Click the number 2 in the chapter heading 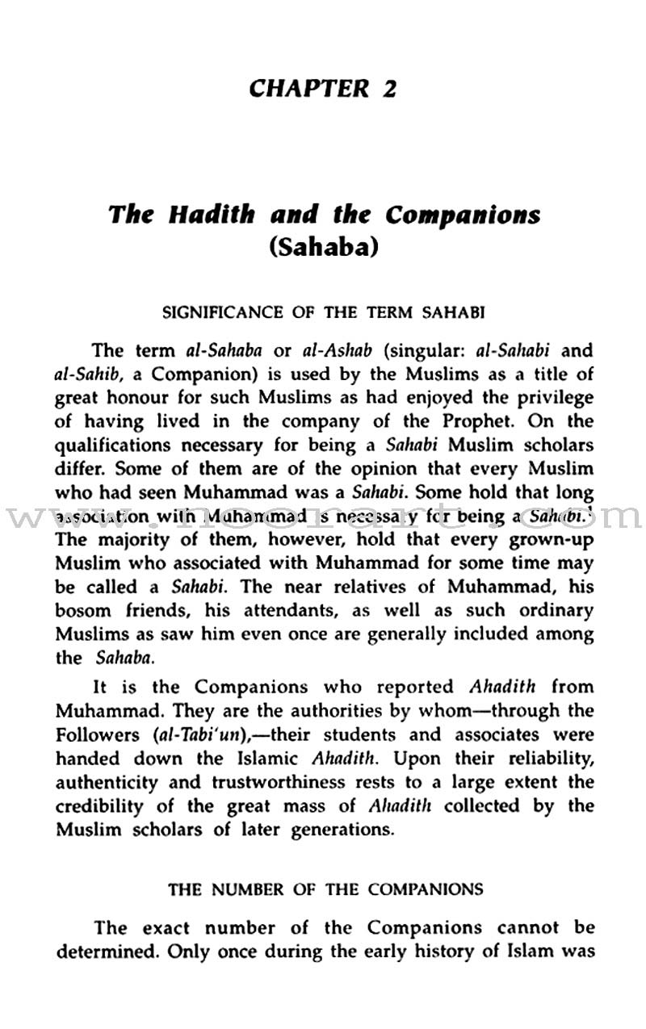pos(388,87)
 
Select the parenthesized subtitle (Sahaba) pos(323,245)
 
